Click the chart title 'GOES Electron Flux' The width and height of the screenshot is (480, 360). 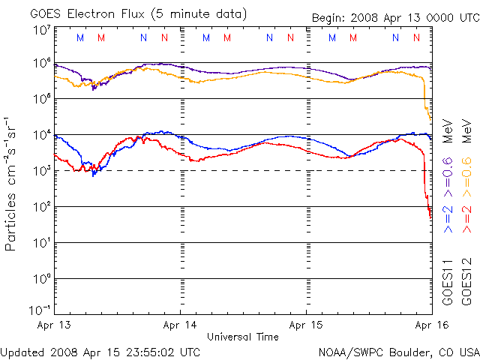tap(87, 14)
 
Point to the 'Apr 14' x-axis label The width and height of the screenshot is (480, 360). tap(180, 325)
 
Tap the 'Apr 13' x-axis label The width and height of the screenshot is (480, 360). tap(54, 325)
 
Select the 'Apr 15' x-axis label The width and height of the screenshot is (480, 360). tap(306, 325)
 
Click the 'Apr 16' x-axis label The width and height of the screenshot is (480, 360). tap(432, 325)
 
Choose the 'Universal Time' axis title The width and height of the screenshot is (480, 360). tap(243, 337)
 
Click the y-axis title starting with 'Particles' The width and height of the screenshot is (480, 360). tap(10, 184)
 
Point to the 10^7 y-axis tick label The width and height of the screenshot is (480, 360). tap(42, 31)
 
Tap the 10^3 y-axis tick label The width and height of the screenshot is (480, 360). tap(42, 171)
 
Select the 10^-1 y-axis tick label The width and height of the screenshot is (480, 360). tap(40, 310)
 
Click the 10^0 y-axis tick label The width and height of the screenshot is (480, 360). tap(42, 279)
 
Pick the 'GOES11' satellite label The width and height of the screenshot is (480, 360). tap(448, 282)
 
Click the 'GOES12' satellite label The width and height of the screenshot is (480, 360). tap(466, 282)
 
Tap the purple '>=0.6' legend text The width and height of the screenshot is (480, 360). tap(448, 177)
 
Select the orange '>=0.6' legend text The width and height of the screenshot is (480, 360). tap(466, 177)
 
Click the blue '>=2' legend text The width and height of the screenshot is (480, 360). tap(448, 219)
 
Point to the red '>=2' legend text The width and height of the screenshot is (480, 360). tap(466, 219)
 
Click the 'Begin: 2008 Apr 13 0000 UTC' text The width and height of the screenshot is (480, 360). tap(396, 18)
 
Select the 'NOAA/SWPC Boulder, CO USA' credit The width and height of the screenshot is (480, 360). tap(399, 352)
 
